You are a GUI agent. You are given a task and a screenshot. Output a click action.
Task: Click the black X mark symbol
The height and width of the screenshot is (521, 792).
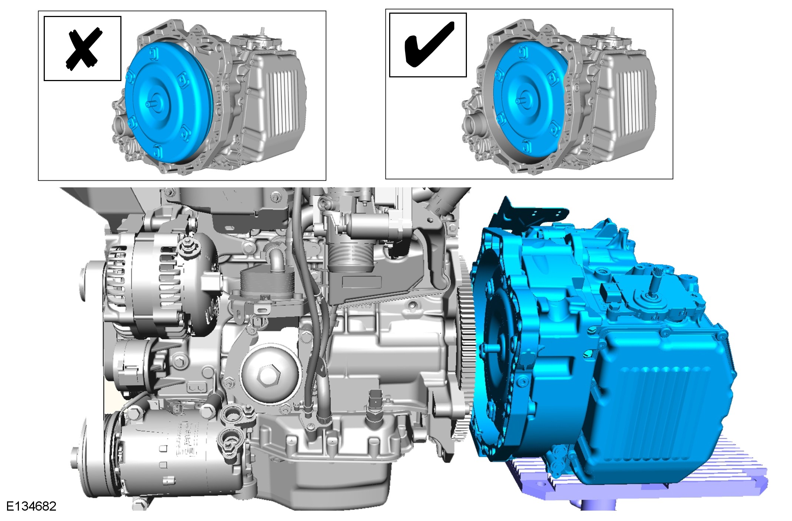click(83, 48)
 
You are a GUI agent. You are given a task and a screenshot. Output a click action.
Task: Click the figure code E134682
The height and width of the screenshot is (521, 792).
click(31, 506)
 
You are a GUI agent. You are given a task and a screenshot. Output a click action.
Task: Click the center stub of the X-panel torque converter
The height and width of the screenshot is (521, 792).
click(150, 104)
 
